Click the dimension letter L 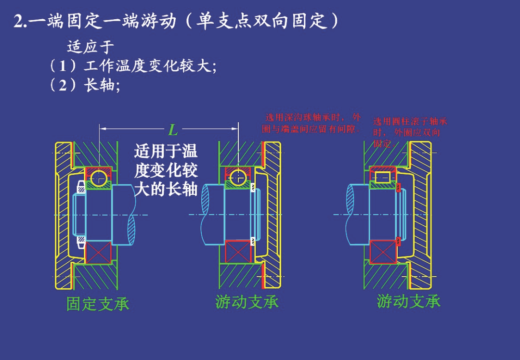click(172, 129)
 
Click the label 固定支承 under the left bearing click(98, 304)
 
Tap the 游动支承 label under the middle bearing click(247, 302)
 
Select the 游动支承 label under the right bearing click(408, 302)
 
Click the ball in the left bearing click(99, 178)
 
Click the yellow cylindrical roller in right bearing click(383, 177)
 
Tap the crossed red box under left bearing click(98, 252)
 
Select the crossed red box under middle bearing click(238, 251)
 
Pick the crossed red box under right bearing click(382, 252)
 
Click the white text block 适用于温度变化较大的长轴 click(166, 170)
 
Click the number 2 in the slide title click(19, 22)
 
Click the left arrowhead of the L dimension click(102, 129)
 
